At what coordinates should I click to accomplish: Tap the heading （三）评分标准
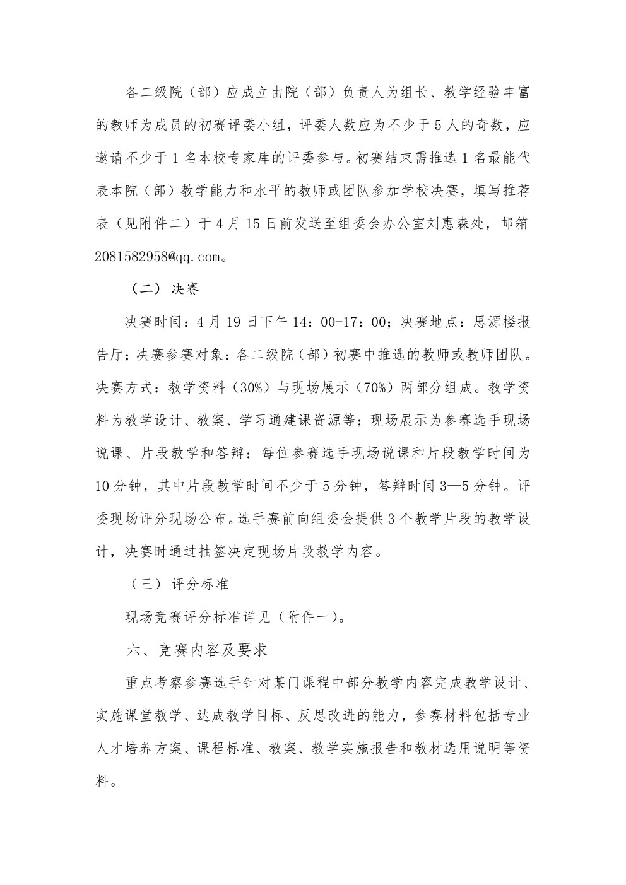click(x=178, y=584)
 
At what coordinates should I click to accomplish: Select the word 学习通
click(x=262, y=421)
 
